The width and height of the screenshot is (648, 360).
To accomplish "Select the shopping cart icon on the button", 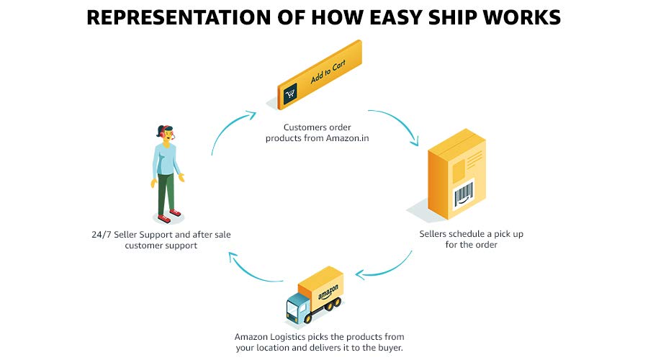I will click(291, 93).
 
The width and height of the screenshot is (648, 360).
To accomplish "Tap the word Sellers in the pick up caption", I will click(436, 234).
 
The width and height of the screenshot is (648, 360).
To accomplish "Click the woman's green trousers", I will click(166, 191).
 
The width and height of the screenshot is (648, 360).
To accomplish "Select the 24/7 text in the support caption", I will click(100, 234).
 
